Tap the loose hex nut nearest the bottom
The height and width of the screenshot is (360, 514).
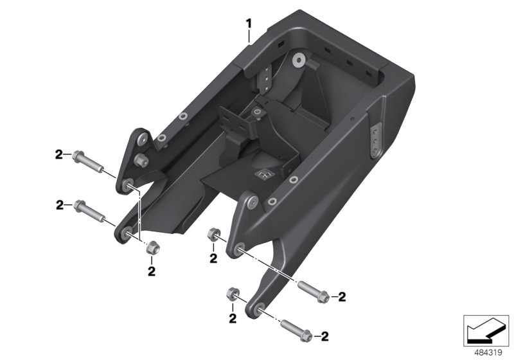tap(233, 295)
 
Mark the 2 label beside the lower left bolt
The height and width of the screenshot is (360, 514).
tap(59, 206)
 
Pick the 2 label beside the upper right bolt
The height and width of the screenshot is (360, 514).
tap(342, 297)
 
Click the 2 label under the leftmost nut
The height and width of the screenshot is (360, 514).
tap(152, 271)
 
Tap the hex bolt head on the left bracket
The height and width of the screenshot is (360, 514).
tap(139, 159)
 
